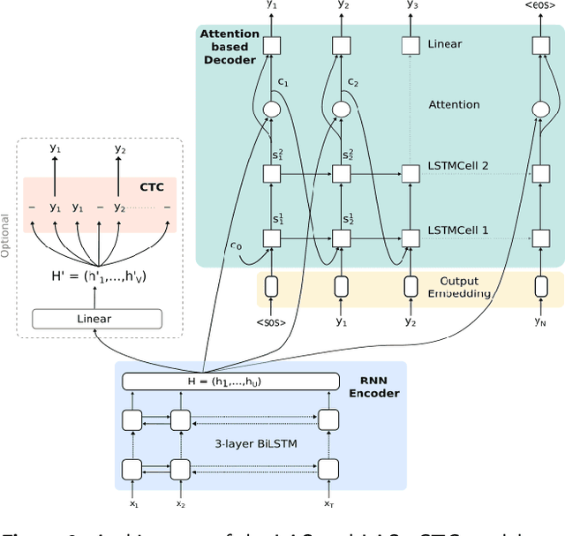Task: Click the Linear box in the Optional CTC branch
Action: tap(97, 319)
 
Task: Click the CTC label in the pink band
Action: tap(152, 186)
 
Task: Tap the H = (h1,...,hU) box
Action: tap(230, 381)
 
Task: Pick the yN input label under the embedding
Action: tap(541, 321)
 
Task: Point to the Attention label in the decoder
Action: tap(454, 104)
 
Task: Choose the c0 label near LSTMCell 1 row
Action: tap(236, 244)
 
